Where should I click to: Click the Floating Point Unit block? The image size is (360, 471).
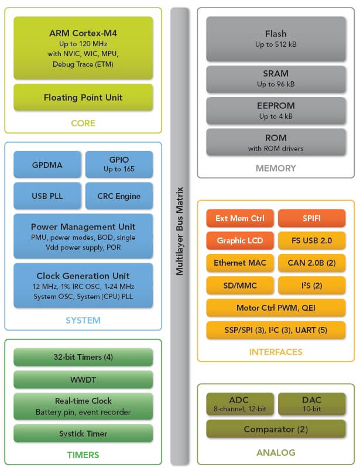(x=83, y=97)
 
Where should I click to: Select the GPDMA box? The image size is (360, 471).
(x=47, y=164)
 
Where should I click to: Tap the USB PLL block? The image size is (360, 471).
(x=47, y=196)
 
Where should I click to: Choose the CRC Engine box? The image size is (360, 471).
(x=119, y=196)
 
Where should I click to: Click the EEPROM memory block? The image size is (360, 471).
(x=276, y=111)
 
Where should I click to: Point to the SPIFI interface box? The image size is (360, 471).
(x=311, y=218)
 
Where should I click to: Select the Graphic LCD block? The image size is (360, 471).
(x=240, y=240)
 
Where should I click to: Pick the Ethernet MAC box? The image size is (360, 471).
(x=240, y=263)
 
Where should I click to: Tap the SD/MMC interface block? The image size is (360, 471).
(x=240, y=285)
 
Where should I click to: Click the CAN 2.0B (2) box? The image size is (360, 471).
(x=311, y=263)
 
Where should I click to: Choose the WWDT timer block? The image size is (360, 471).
(x=83, y=379)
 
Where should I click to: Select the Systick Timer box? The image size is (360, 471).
(x=83, y=433)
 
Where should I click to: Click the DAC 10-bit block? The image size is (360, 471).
(x=311, y=404)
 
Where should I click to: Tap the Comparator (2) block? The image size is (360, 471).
(x=276, y=429)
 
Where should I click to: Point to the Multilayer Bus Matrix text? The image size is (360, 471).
(x=180, y=231)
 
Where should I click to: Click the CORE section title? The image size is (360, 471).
(x=83, y=123)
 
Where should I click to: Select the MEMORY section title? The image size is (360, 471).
(x=276, y=169)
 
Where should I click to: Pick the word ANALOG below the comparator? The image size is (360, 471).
(x=276, y=452)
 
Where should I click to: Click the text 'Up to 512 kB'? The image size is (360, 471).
(x=276, y=44)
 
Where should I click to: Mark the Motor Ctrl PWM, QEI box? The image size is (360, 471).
(x=276, y=308)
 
